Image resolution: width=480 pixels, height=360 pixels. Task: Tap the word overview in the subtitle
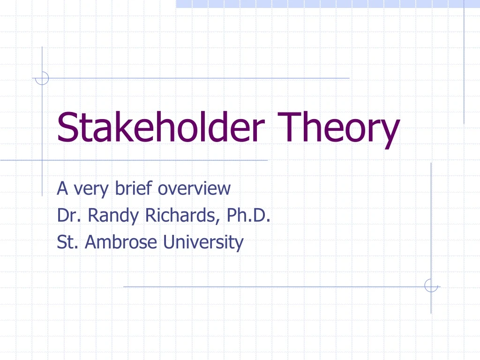click(194, 188)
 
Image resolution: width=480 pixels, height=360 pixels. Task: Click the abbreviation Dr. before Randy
click(68, 216)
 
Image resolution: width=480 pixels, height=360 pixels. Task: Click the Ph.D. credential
click(248, 216)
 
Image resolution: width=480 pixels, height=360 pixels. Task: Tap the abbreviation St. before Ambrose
click(67, 243)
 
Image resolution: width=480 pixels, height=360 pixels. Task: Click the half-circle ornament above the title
click(42, 78)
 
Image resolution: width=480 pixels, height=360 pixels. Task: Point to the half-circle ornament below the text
click(431, 285)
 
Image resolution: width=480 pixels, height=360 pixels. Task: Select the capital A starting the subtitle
click(62, 188)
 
